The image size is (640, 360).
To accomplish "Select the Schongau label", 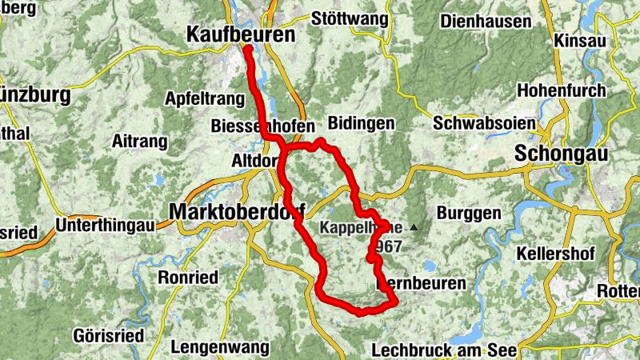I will click(x=562, y=153).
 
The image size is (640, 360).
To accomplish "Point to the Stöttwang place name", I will click(x=349, y=18).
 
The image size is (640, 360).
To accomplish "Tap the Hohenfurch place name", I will click(x=562, y=90).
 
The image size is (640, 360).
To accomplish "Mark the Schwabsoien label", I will click(x=474, y=124).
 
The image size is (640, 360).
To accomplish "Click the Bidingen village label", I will click(x=362, y=124).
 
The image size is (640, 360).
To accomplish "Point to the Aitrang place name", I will click(x=141, y=142).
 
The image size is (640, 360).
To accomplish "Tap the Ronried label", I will click(x=189, y=278).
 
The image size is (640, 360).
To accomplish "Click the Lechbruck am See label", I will click(x=445, y=350).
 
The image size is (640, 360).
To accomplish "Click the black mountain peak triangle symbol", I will click(x=414, y=228).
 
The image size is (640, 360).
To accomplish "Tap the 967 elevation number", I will click(x=391, y=246).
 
